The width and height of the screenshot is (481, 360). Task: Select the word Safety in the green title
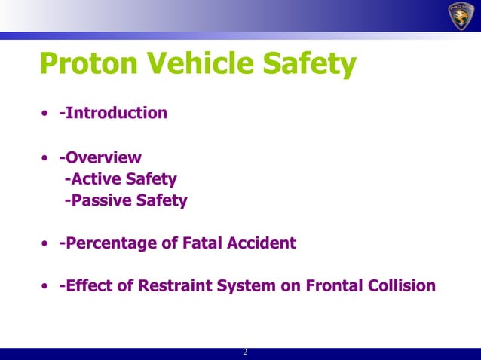click(x=310, y=66)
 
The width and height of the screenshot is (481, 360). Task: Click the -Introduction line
click(x=113, y=114)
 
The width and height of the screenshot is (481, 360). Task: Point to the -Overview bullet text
click(x=100, y=158)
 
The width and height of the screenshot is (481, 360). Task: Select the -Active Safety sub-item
click(x=121, y=180)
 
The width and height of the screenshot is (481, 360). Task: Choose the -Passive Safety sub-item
click(x=125, y=201)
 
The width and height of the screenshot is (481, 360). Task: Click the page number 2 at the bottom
click(x=245, y=353)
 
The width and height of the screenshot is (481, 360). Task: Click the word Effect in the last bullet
click(x=87, y=286)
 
